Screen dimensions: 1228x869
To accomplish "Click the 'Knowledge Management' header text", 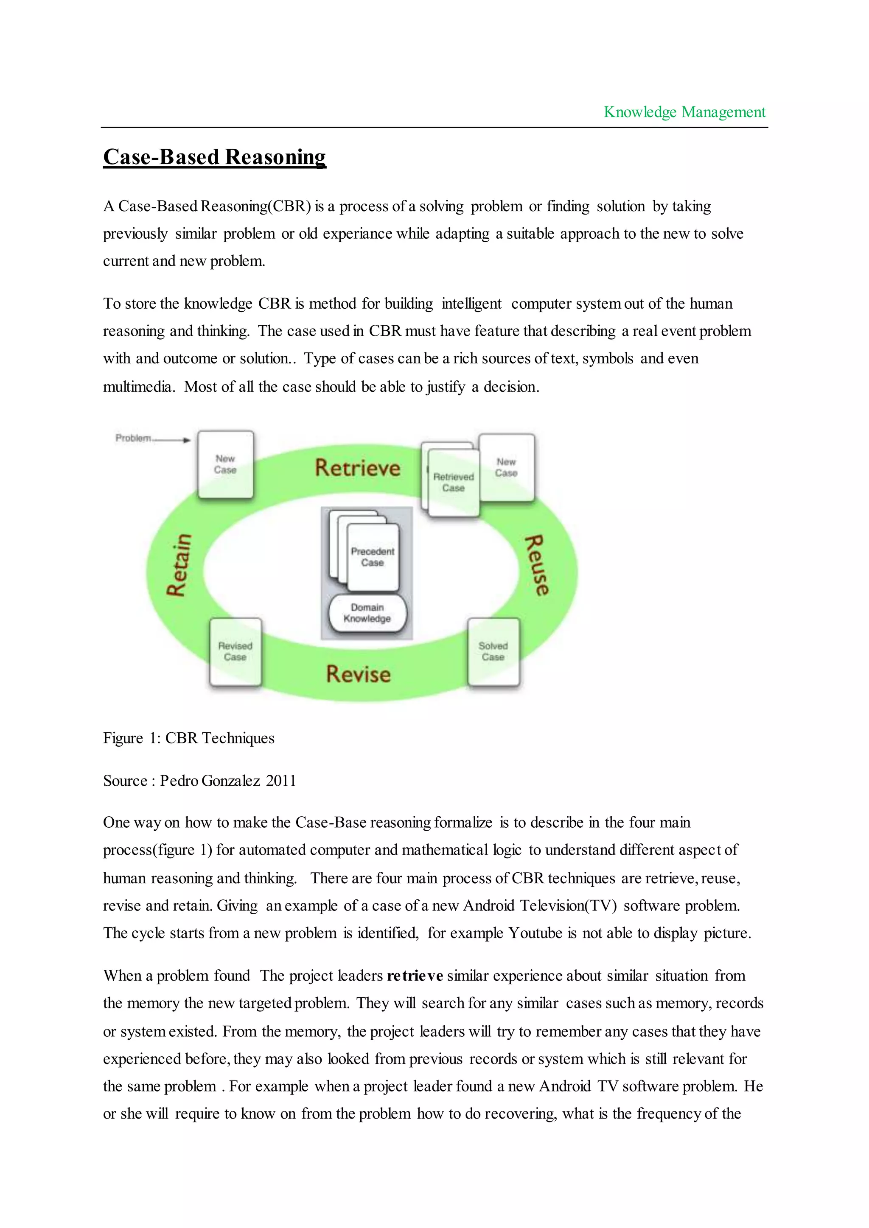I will click(684, 112).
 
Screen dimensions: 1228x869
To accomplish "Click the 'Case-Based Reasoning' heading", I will click(215, 157).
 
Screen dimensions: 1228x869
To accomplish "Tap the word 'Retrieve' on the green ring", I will click(357, 468).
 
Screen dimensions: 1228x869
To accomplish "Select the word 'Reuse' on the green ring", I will click(537, 565).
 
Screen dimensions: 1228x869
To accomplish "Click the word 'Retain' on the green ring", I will click(179, 565).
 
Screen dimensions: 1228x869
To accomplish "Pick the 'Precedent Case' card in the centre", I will click(373, 557).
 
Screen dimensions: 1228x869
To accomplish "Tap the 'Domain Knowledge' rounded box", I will click(367, 614).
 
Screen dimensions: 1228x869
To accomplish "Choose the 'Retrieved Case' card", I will click(453, 483).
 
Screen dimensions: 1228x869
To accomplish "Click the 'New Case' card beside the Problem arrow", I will click(225, 464).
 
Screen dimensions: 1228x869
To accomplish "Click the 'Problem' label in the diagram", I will click(133, 438).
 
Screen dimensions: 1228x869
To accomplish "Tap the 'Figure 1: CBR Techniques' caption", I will click(188, 738).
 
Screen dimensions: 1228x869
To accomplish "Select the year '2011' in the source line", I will click(281, 781).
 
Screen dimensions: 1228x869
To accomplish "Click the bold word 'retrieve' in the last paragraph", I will click(415, 976).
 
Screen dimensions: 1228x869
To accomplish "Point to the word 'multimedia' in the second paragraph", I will click(138, 387).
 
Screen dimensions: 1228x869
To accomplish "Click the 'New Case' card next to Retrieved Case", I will click(506, 467).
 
